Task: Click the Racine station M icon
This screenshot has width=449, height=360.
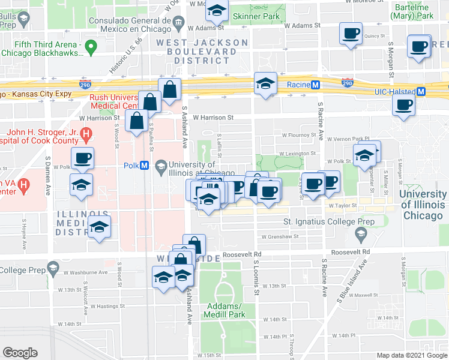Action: pos(315,85)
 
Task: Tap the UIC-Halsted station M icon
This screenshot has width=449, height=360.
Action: pos(421,92)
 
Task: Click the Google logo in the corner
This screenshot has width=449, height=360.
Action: pos(20,352)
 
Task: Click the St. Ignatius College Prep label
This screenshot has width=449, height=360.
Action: pos(329,222)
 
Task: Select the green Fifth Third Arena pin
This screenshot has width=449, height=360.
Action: pos(91,46)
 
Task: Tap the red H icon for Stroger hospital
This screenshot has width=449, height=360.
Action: pos(87,133)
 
